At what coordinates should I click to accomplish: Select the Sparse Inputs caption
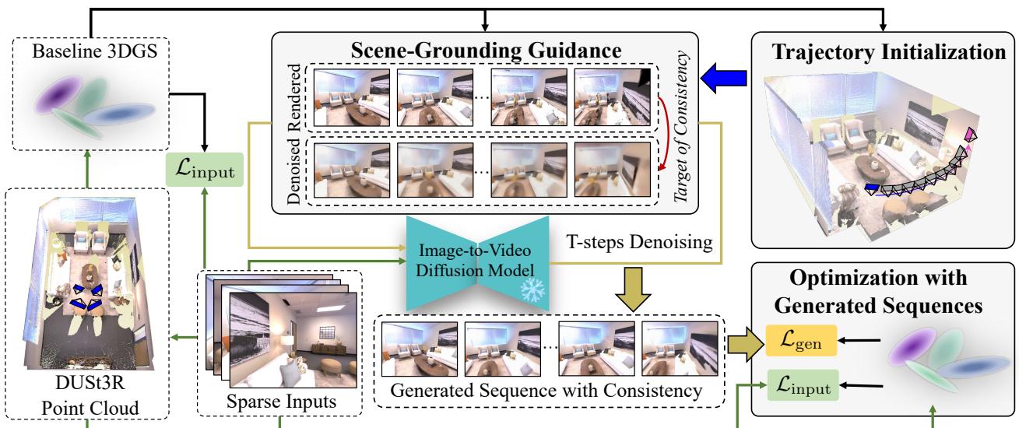click(279, 402)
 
